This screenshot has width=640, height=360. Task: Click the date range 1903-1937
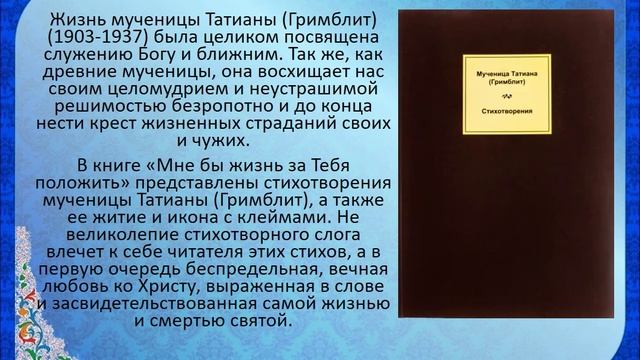click(98, 38)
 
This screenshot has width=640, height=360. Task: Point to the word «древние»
click(79, 72)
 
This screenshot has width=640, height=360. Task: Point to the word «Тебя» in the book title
click(330, 166)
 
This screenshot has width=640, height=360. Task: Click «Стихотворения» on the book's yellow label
click(507, 111)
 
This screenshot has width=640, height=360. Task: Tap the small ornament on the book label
click(507, 97)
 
